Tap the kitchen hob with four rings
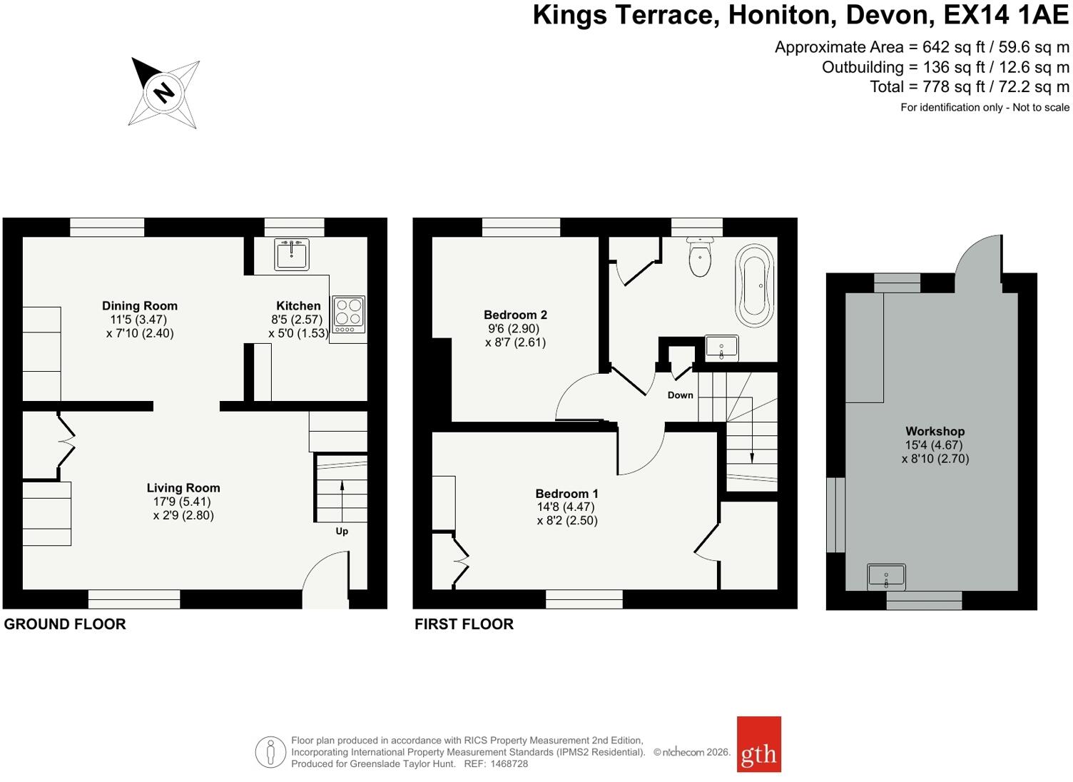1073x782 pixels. click(349, 315)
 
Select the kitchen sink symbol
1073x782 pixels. click(292, 254)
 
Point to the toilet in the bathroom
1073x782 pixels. click(700, 256)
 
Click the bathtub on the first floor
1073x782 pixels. click(755, 286)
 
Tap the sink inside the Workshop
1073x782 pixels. click(886, 577)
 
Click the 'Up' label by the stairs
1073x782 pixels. click(342, 531)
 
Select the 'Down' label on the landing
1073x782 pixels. click(680, 395)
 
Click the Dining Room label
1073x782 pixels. click(140, 305)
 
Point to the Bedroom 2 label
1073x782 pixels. click(515, 315)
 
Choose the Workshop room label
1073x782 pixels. click(935, 431)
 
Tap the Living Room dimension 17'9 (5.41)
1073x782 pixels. click(182, 502)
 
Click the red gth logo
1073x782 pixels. click(759, 744)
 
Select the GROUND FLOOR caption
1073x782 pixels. click(65, 624)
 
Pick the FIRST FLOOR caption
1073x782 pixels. click(464, 624)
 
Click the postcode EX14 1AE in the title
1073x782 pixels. click(1006, 15)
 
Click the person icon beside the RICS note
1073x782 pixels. click(270, 752)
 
